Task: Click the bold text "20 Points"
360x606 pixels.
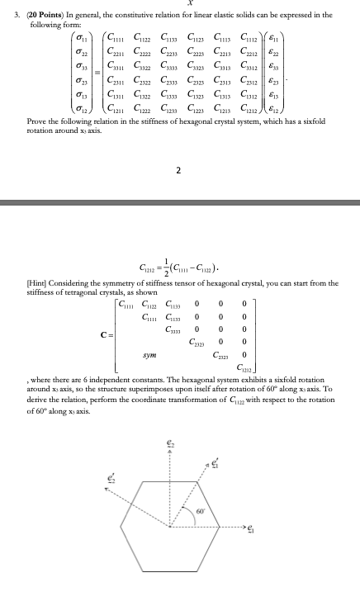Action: (38, 15)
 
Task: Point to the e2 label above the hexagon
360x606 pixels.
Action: (168, 444)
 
